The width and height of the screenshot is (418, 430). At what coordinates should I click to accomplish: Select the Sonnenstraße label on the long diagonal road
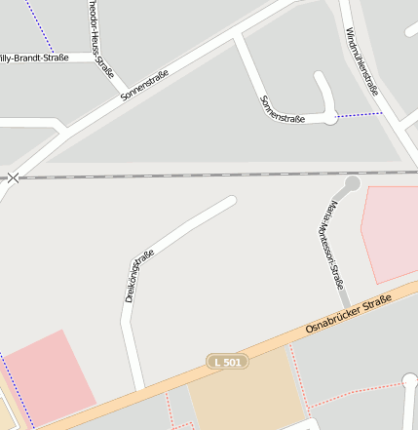[144, 86]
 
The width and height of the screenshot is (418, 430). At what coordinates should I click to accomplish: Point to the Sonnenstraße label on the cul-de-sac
[283, 109]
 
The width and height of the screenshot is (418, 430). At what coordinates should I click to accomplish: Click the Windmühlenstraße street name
[361, 60]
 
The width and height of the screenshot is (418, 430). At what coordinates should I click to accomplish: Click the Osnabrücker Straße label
[348, 312]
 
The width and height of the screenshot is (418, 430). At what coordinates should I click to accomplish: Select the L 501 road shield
[226, 362]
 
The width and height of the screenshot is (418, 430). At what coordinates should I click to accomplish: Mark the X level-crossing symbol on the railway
[13, 177]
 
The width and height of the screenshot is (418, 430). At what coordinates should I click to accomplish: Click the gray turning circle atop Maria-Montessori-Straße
[353, 182]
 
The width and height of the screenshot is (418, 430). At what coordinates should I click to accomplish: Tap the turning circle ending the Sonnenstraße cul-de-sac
[330, 118]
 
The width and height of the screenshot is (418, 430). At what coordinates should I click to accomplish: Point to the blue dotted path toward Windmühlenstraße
[361, 115]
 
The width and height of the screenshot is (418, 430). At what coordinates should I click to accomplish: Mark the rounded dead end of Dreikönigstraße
[230, 202]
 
